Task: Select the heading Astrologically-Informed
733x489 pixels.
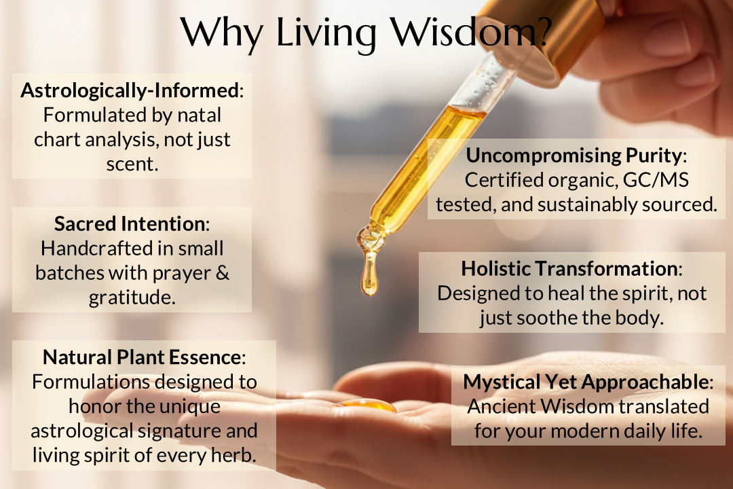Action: pyautogui.click(x=130, y=90)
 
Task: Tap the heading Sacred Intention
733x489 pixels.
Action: pyautogui.click(x=130, y=223)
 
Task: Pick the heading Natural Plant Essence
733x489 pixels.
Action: pyautogui.click(x=142, y=357)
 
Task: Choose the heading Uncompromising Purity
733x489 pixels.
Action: pyautogui.click(x=574, y=156)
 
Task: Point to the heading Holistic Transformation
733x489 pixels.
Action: pyautogui.click(x=569, y=268)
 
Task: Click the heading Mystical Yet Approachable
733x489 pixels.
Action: pyautogui.click(x=586, y=382)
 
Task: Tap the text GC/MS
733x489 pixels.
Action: pyautogui.click(x=656, y=180)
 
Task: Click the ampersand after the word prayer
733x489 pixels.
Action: pyautogui.click(x=223, y=273)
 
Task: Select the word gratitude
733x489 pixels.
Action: pyautogui.click(x=132, y=297)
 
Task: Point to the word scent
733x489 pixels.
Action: pyautogui.click(x=132, y=164)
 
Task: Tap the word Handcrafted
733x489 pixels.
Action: pyautogui.click(x=97, y=249)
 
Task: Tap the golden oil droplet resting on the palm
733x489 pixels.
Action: pyautogui.click(x=368, y=405)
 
